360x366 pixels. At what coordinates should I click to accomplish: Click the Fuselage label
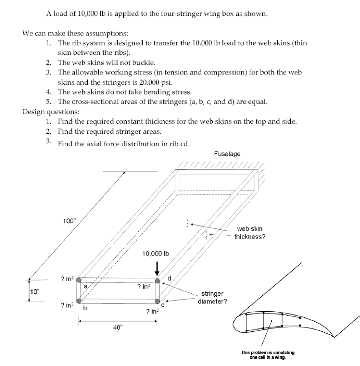click(x=227, y=154)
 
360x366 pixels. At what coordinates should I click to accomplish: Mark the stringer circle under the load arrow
click(x=157, y=281)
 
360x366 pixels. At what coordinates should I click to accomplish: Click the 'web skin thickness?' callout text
click(x=250, y=233)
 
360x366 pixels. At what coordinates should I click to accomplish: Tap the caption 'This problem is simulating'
click(x=268, y=352)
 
